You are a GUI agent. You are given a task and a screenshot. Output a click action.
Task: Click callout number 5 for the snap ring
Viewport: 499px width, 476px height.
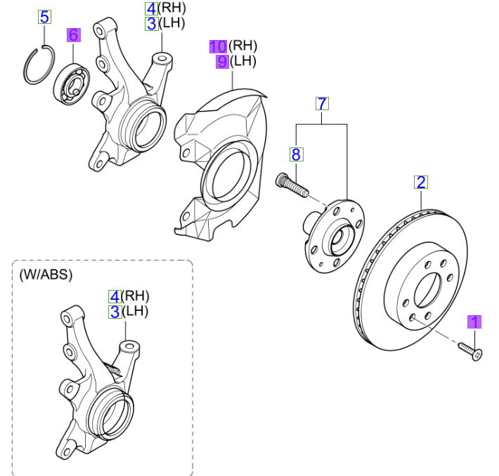coord(44,16)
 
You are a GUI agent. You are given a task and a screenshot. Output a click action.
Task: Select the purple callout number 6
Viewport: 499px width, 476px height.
coord(74,34)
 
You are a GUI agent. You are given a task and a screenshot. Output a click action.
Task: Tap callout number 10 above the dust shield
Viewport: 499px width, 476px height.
coord(218,46)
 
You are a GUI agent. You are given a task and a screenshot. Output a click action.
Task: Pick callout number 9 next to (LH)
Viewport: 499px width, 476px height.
coord(222,62)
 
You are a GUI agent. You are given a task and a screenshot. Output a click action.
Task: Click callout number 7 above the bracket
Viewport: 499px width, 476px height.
coord(321,104)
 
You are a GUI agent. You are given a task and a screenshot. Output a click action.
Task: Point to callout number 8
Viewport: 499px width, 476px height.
coord(296,154)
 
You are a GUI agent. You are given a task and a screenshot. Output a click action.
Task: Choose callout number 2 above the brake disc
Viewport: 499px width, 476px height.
coord(421,183)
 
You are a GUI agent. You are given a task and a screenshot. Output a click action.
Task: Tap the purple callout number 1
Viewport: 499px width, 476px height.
coord(475,322)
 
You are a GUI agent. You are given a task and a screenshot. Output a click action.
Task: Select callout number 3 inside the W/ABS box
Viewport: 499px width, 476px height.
coord(114,312)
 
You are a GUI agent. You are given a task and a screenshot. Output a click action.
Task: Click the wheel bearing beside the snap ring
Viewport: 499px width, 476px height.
coord(72,84)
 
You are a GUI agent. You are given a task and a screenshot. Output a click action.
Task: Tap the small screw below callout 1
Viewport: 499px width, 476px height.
coord(470,350)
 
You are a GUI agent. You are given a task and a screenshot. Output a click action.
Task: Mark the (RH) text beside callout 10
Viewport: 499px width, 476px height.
coord(243,46)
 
